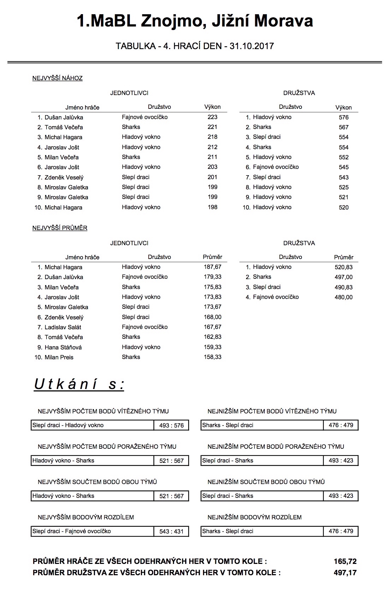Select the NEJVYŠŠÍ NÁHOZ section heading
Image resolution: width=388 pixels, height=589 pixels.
click(x=57, y=78)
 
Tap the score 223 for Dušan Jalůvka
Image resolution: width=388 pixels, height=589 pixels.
click(x=213, y=117)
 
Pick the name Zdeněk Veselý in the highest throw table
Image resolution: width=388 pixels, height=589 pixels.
click(x=64, y=177)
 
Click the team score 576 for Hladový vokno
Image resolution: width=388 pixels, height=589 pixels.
click(x=344, y=117)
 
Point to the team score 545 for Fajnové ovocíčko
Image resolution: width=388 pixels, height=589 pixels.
click(x=344, y=167)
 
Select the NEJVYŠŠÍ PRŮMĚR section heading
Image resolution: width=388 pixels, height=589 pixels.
click(x=60, y=228)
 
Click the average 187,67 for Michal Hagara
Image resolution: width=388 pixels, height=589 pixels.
click(x=213, y=267)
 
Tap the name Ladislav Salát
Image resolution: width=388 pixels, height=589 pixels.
click(x=63, y=327)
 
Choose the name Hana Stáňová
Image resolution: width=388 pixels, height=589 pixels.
click(x=63, y=347)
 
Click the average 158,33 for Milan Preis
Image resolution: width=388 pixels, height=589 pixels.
click(x=213, y=357)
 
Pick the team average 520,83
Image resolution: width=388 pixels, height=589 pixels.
click(x=344, y=267)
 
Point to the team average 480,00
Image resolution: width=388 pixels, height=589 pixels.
click(x=344, y=297)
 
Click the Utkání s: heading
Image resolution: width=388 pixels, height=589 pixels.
click(x=79, y=384)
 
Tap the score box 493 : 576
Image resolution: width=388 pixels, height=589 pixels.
click(x=172, y=425)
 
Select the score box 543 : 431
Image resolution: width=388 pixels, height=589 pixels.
click(x=172, y=531)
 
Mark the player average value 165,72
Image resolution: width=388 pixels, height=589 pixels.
click(x=345, y=561)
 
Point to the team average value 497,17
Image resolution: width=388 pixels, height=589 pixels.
click(x=345, y=573)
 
